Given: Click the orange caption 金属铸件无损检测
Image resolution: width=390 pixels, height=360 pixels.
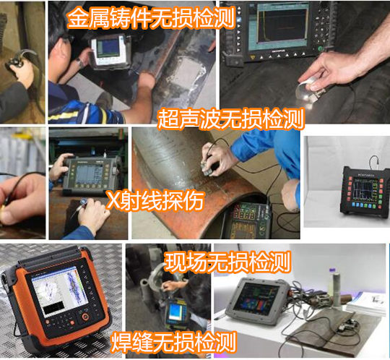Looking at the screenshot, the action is coord(151,17).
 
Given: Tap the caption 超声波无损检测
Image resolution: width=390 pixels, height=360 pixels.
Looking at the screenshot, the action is coord(231,119).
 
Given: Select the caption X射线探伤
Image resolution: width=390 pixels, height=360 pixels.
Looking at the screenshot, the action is coord(155,201).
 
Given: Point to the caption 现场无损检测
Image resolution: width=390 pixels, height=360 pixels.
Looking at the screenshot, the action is coord(227,262).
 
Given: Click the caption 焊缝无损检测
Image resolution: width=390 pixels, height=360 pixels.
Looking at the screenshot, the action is coord(173,343).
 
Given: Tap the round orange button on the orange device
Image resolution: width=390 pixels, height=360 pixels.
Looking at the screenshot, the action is coord(85,317).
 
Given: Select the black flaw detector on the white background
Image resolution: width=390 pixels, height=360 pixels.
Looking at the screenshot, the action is coord(365,189).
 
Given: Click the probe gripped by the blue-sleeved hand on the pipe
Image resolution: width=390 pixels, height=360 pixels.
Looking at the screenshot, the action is coord(207,167).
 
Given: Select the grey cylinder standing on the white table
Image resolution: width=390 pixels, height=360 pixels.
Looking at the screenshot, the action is coord(337,289).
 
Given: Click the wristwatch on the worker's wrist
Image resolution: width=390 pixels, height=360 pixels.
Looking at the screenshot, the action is coord(80,62).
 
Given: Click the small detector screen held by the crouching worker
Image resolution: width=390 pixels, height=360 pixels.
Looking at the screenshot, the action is coord(175,312).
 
